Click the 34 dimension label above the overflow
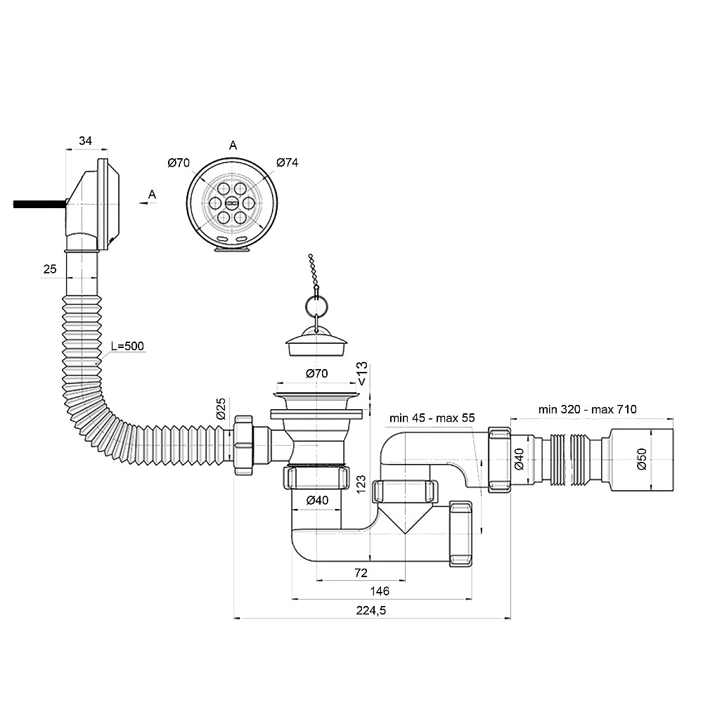click(85, 141)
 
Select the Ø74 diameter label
click(288, 162)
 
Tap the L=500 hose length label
click(128, 346)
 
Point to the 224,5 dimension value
click(371, 610)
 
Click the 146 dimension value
click(380, 591)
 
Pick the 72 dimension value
click(361, 572)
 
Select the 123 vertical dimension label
click(361, 484)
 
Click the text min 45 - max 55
click(432, 418)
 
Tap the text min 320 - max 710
click(587, 409)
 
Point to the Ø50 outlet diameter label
click(642, 458)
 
